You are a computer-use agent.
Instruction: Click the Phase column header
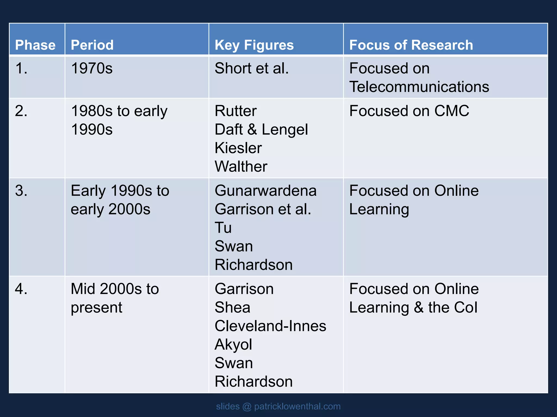35,45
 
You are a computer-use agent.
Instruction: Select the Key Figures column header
254,45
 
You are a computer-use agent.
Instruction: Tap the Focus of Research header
411,45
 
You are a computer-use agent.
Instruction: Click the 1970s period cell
92,68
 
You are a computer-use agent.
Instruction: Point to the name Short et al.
252,68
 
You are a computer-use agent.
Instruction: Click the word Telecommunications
419,87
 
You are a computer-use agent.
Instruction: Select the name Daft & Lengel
261,129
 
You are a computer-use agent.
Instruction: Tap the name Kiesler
238,148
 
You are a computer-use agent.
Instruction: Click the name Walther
241,167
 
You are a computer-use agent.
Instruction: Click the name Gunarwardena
265,191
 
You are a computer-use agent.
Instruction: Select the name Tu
223,228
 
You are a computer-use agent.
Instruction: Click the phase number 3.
21,191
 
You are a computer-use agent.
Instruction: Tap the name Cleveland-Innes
270,326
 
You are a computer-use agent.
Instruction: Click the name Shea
232,308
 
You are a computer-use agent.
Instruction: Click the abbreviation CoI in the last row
466,308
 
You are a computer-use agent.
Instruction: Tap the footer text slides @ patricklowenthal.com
278,406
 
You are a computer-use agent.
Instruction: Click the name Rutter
236,111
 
